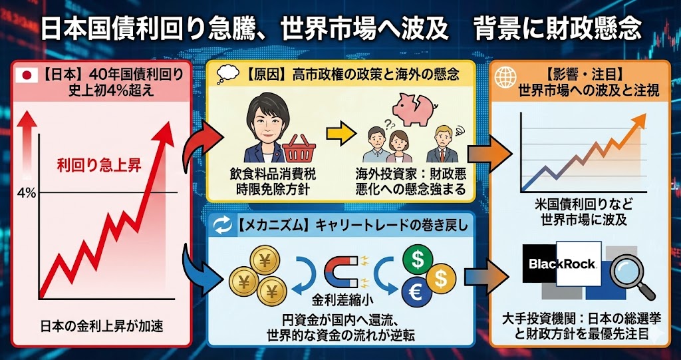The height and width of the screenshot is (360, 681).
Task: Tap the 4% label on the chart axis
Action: pyautogui.click(x=27, y=193)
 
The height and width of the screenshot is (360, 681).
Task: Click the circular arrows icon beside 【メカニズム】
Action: pyautogui.click(x=222, y=225)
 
